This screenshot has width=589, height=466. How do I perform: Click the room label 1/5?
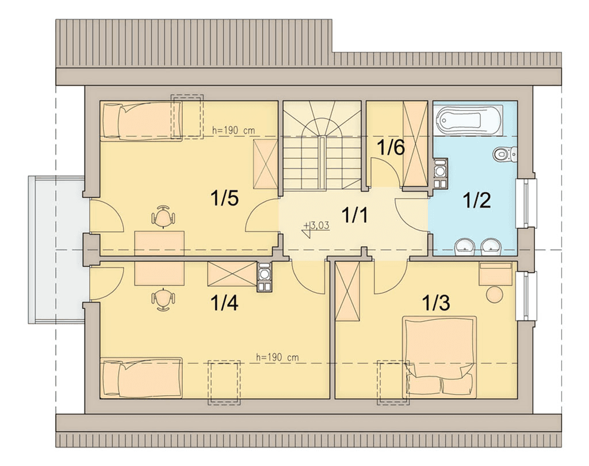point(225,198)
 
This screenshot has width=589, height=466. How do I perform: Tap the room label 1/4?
point(224,303)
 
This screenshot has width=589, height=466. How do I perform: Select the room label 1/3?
point(436,303)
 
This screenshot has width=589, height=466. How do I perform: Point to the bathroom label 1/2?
point(477,200)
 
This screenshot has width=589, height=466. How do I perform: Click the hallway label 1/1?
point(354,215)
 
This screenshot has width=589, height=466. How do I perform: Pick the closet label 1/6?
point(391,147)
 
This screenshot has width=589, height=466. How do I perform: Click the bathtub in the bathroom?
point(468,120)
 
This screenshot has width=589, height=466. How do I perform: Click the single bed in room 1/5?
point(141,121)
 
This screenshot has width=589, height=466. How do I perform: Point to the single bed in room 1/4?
point(141,377)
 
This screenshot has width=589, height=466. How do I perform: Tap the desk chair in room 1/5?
point(163,216)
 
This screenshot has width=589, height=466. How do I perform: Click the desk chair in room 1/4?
point(163,300)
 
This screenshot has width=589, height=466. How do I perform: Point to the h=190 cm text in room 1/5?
point(234,131)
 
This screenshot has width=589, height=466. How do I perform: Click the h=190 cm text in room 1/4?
point(277,357)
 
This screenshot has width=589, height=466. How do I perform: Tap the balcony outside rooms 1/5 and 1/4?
point(57,250)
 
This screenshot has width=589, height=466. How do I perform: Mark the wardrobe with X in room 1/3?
point(347,291)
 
